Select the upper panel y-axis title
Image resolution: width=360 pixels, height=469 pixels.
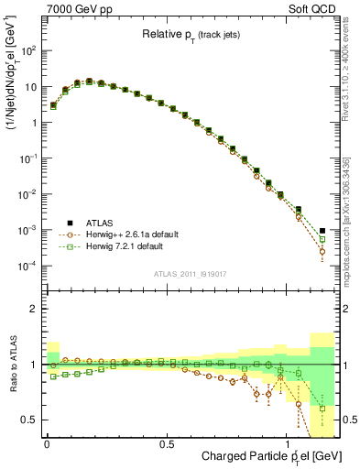[12, 82]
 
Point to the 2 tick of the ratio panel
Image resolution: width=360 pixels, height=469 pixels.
[34, 310]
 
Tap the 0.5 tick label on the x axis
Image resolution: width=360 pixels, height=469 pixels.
[166, 444]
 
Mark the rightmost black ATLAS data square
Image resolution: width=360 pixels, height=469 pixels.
[322, 231]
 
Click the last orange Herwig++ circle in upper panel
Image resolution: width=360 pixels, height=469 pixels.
[322, 251]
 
